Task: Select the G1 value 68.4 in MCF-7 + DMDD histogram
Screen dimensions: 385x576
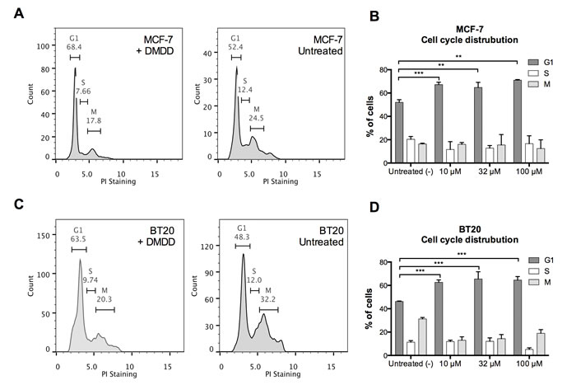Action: pyautogui.click(x=75, y=48)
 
